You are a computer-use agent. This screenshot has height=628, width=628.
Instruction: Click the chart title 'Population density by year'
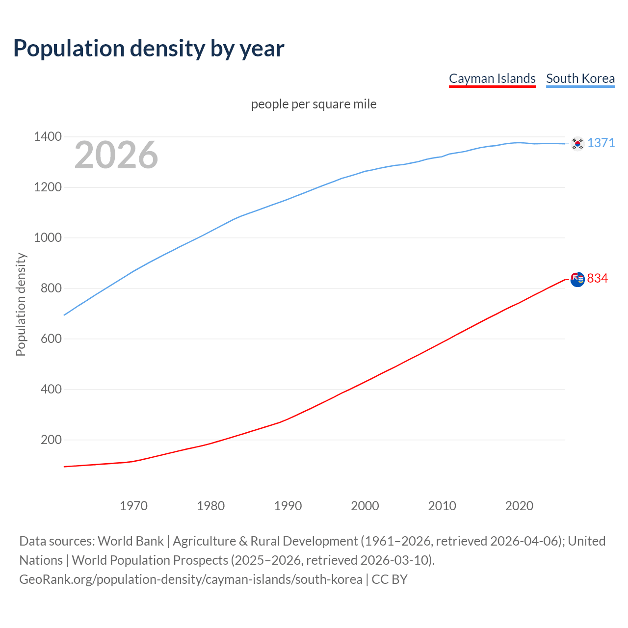tap(149, 48)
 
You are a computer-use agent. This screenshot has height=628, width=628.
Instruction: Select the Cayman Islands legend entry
tap(492, 78)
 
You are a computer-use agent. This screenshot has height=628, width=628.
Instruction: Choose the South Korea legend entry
tap(580, 78)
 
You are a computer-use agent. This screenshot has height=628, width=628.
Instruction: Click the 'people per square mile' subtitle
tap(314, 104)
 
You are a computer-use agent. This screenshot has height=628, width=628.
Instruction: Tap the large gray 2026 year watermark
tap(116, 155)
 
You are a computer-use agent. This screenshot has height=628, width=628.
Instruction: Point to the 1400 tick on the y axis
tap(48, 136)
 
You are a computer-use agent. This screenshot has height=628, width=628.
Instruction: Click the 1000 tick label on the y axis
tap(48, 237)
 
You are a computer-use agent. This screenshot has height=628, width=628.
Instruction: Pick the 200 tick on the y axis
tap(51, 440)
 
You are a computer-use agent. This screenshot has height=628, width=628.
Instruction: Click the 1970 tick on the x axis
tap(133, 506)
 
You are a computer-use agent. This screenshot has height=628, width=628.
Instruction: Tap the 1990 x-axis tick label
tap(288, 506)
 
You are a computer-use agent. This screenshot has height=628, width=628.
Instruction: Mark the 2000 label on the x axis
tap(365, 506)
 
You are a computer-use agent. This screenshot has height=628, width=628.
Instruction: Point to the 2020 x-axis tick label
tap(519, 506)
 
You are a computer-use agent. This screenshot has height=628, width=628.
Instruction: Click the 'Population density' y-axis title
tap(21, 304)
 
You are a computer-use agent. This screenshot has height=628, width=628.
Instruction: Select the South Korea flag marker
tap(577, 143)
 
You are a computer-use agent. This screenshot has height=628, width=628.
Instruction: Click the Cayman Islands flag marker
tap(577, 279)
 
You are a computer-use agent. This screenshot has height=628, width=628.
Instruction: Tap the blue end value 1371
tap(601, 143)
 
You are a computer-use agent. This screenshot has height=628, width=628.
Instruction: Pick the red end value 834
tap(598, 278)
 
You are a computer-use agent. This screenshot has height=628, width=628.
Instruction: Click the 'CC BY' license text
tap(390, 579)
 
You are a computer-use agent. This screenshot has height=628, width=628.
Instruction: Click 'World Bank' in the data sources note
tap(131, 541)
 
